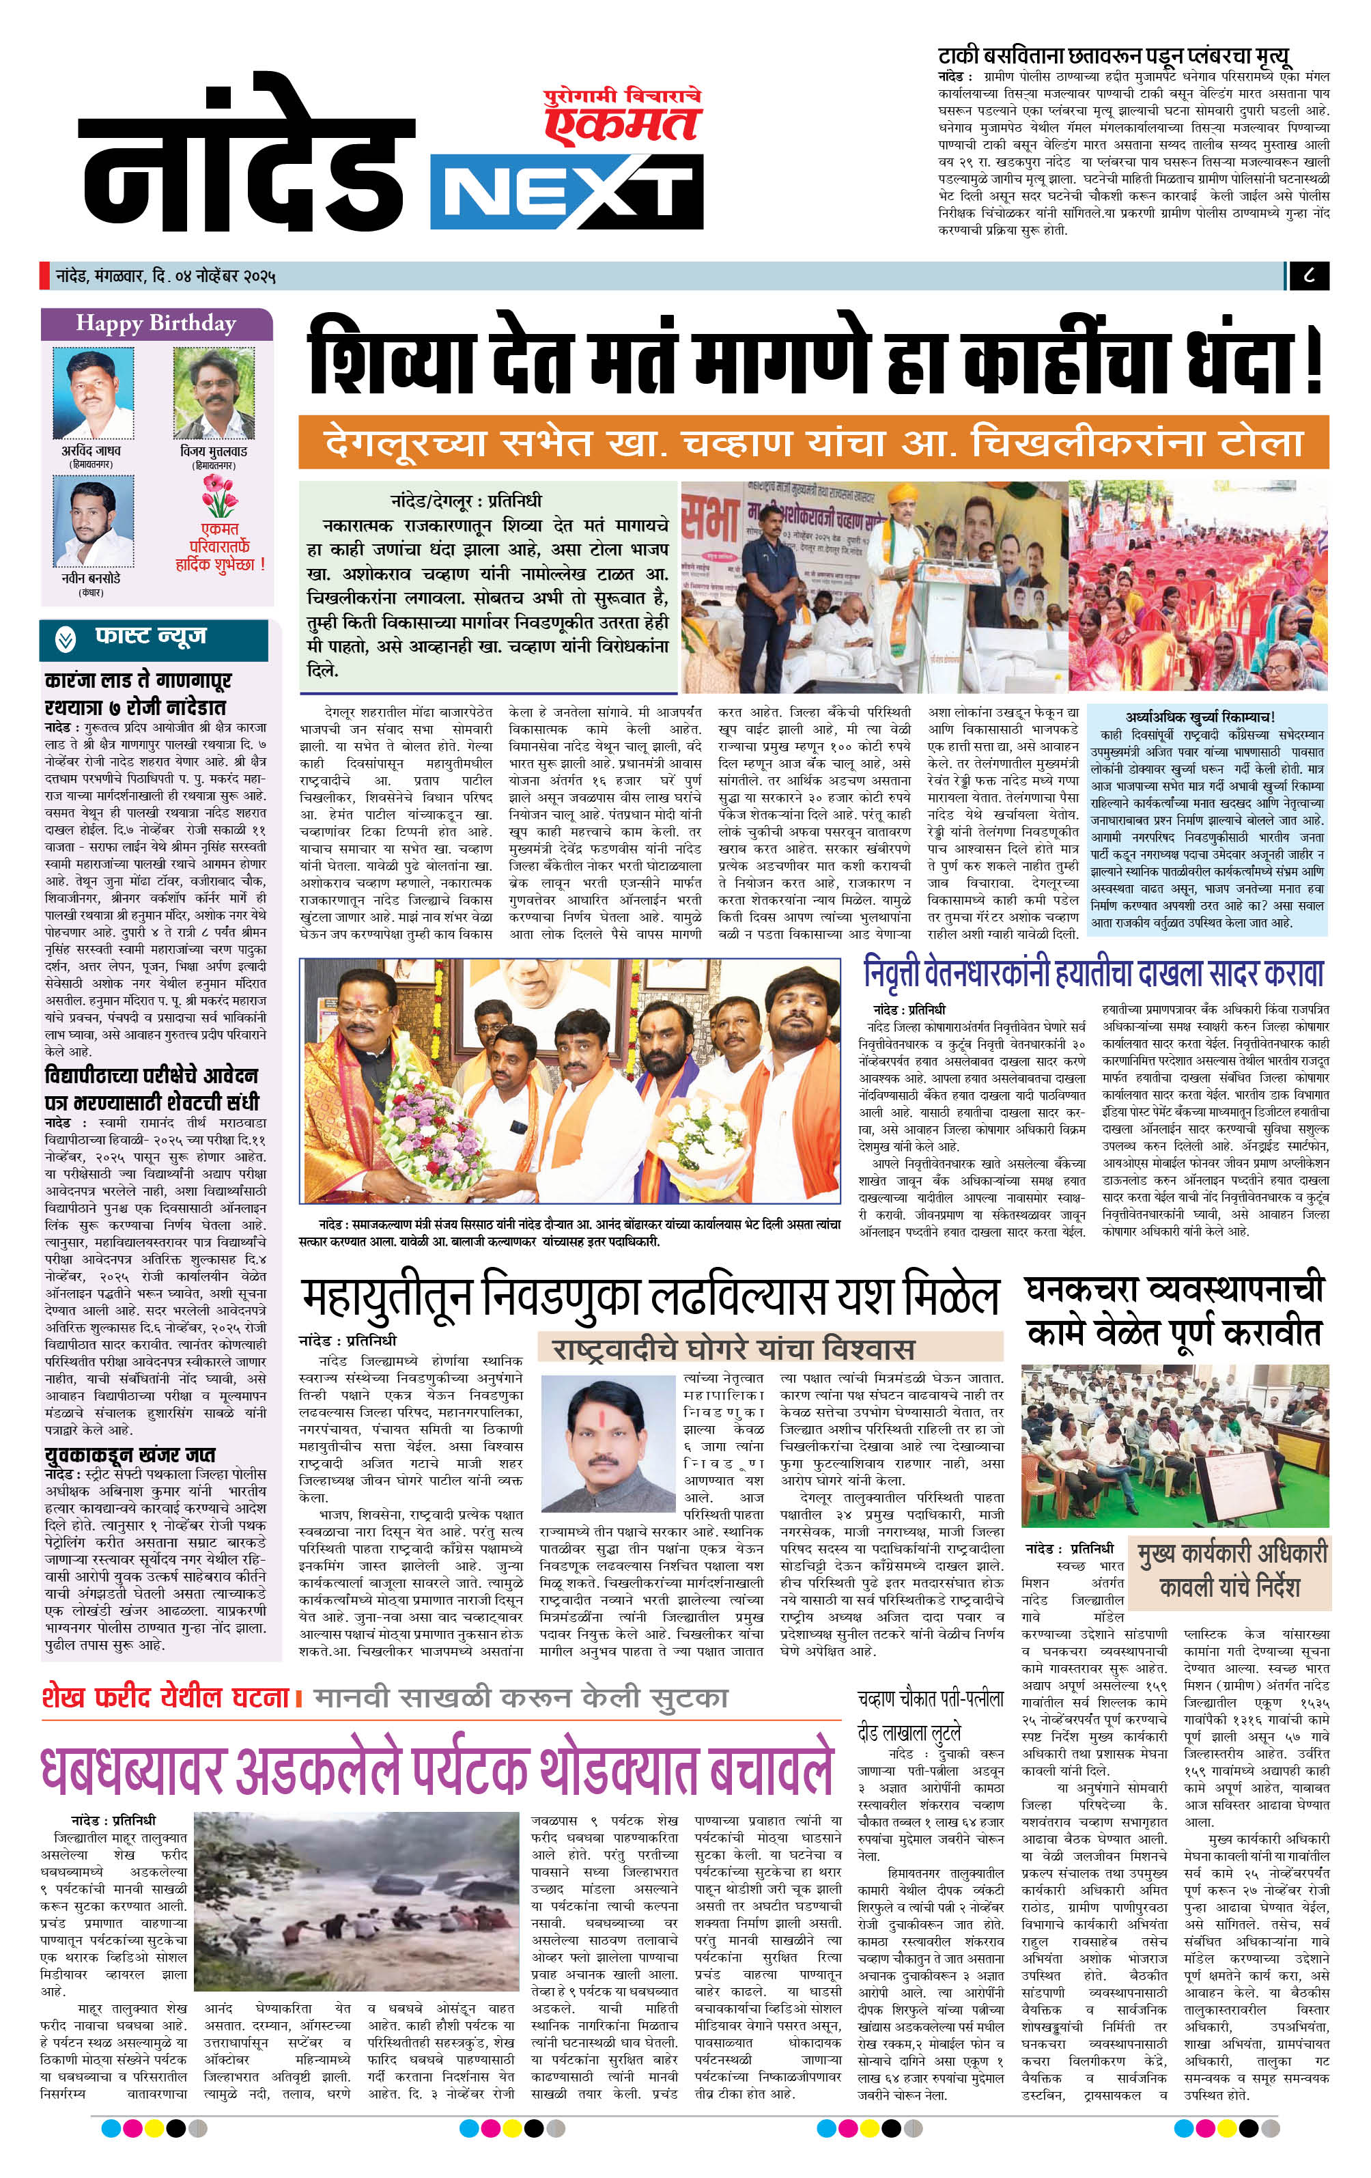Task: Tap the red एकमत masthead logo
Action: (624, 117)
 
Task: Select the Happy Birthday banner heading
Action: (156, 324)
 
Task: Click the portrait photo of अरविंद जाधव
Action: (93, 393)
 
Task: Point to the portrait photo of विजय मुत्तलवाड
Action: (214, 393)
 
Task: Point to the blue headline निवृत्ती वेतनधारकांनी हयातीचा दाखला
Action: (1093, 973)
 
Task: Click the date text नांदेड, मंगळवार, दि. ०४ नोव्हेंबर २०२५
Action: (165, 276)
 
